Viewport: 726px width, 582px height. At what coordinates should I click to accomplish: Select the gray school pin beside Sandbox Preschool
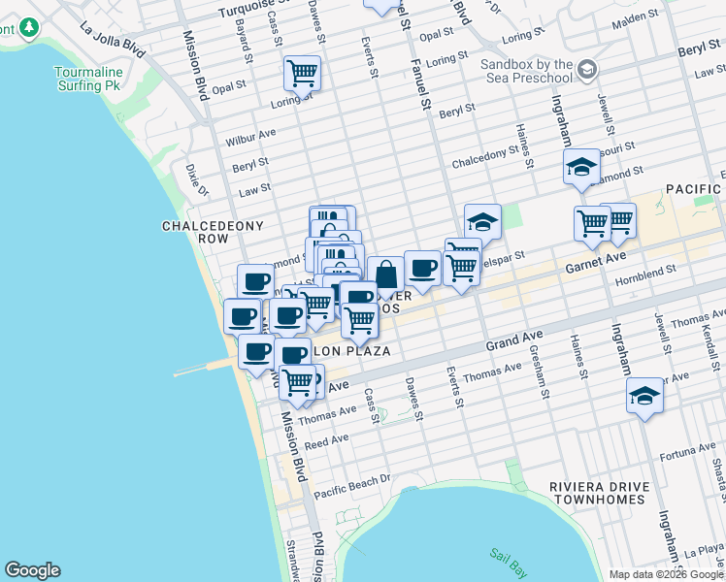click(586, 69)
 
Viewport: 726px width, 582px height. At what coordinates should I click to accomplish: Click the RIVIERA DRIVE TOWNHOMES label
click(597, 493)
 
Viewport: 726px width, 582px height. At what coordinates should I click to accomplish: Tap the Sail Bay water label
click(508, 555)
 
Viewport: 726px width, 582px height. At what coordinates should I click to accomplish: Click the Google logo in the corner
click(32, 570)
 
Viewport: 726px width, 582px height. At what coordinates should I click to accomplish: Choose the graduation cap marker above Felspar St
click(482, 221)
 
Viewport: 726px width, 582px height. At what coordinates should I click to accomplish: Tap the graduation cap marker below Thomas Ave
click(644, 396)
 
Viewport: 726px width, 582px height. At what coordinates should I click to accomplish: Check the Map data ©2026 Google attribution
click(666, 573)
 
